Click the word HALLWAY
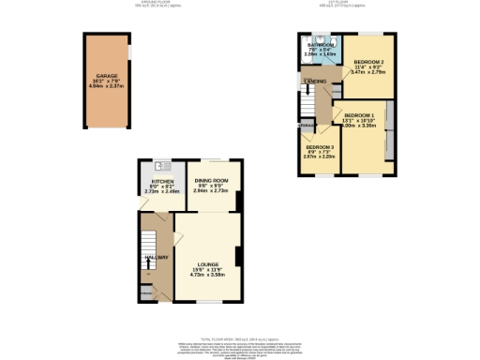click(156, 257)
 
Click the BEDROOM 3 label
click(319, 147)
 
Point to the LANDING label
click(314, 82)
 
